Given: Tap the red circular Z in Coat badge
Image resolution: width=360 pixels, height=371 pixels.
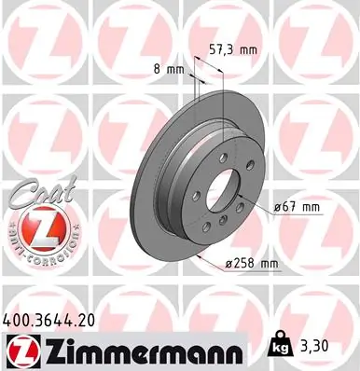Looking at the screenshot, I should (32, 227).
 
